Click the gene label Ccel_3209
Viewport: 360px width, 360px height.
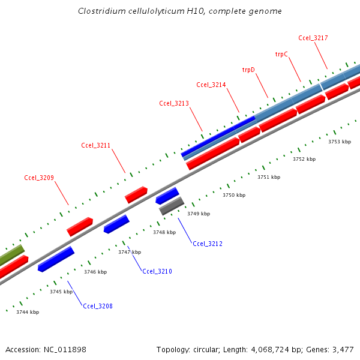[39, 178]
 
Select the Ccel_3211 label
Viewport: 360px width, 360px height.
[96, 145]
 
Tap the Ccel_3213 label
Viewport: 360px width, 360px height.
[174, 103]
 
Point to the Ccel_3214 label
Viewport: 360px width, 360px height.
[211, 85]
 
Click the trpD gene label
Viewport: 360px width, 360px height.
[248, 70]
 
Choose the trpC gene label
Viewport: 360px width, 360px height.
[281, 54]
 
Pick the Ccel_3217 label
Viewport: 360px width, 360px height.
[313, 38]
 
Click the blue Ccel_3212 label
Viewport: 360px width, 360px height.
[208, 244]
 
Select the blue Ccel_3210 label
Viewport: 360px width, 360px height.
[157, 272]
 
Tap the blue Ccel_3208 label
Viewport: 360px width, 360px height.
[98, 306]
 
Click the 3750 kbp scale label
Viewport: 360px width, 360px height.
[234, 196]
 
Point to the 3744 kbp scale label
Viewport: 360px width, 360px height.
[28, 312]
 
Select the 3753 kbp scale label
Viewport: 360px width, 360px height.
[340, 142]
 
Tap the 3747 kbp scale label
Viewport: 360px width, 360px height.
[130, 252]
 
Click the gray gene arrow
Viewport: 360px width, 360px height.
[172, 206]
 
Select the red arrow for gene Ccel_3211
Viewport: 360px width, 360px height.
[136, 194]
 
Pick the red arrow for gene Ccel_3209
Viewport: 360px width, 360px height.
[80, 226]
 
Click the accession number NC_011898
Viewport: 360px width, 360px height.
[65, 349]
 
